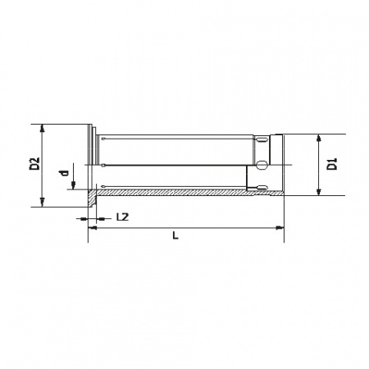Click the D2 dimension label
click(34, 164)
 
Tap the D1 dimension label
click(332, 164)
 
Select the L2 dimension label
click(122, 217)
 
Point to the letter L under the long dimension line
click(175, 235)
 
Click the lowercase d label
click(65, 173)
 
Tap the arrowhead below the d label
click(73, 185)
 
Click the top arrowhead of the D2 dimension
click(42, 129)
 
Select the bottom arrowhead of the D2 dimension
click(42, 203)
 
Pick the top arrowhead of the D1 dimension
click(318, 139)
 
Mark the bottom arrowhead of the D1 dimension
click(318, 192)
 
